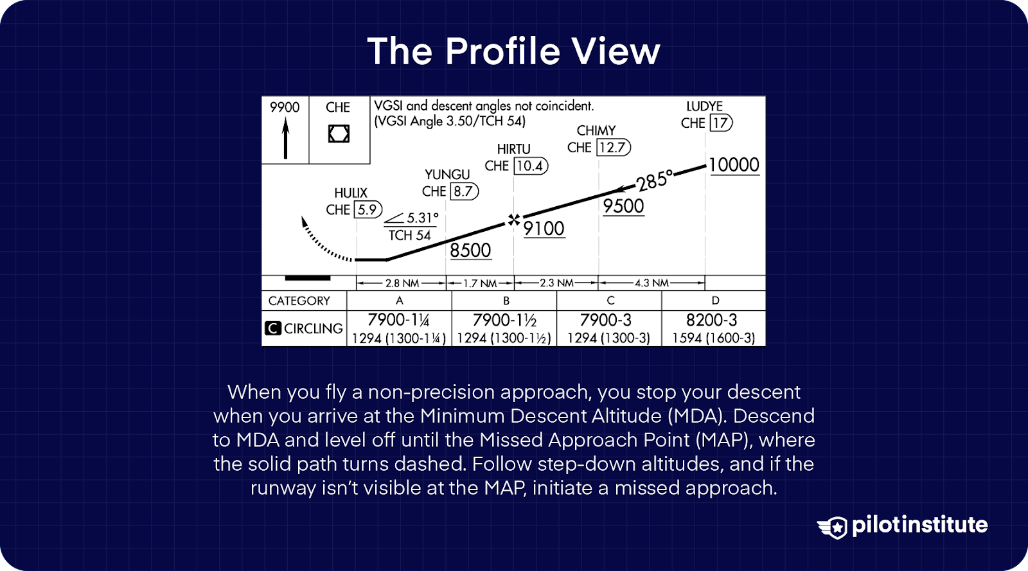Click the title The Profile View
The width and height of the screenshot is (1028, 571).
tap(513, 51)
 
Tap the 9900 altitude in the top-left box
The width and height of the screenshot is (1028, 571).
tap(285, 107)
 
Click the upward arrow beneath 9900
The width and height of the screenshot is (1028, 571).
tap(285, 139)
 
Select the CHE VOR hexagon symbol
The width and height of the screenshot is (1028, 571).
tap(339, 134)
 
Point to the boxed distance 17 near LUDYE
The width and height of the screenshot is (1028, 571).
tap(720, 123)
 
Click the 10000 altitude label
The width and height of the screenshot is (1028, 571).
tap(734, 165)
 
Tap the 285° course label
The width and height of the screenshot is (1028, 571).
tap(655, 180)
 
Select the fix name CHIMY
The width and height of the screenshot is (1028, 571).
tap(596, 130)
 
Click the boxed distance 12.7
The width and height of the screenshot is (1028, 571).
tap(612, 148)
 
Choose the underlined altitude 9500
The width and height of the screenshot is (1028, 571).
tap(623, 206)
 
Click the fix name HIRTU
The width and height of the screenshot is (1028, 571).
tap(513, 149)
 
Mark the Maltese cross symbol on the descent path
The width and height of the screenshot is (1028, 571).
tap(513, 220)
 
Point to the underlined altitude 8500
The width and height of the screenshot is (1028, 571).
tap(470, 250)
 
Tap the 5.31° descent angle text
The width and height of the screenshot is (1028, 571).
tap(422, 218)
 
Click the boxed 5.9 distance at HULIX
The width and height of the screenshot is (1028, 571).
tap(368, 209)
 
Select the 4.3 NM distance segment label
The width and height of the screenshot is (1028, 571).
tap(651, 283)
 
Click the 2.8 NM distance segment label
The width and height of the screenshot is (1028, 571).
tap(402, 283)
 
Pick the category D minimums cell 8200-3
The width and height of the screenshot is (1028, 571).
tap(711, 320)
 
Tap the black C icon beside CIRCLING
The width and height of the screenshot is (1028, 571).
tap(272, 328)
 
